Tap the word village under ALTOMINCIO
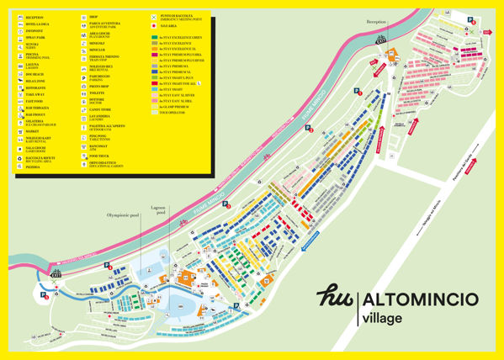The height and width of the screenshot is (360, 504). pyautogui.click(x=384, y=319)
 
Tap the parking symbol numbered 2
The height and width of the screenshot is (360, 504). pyautogui.click(x=309, y=130)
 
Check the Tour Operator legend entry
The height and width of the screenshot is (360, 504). pyautogui.click(x=172, y=112)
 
